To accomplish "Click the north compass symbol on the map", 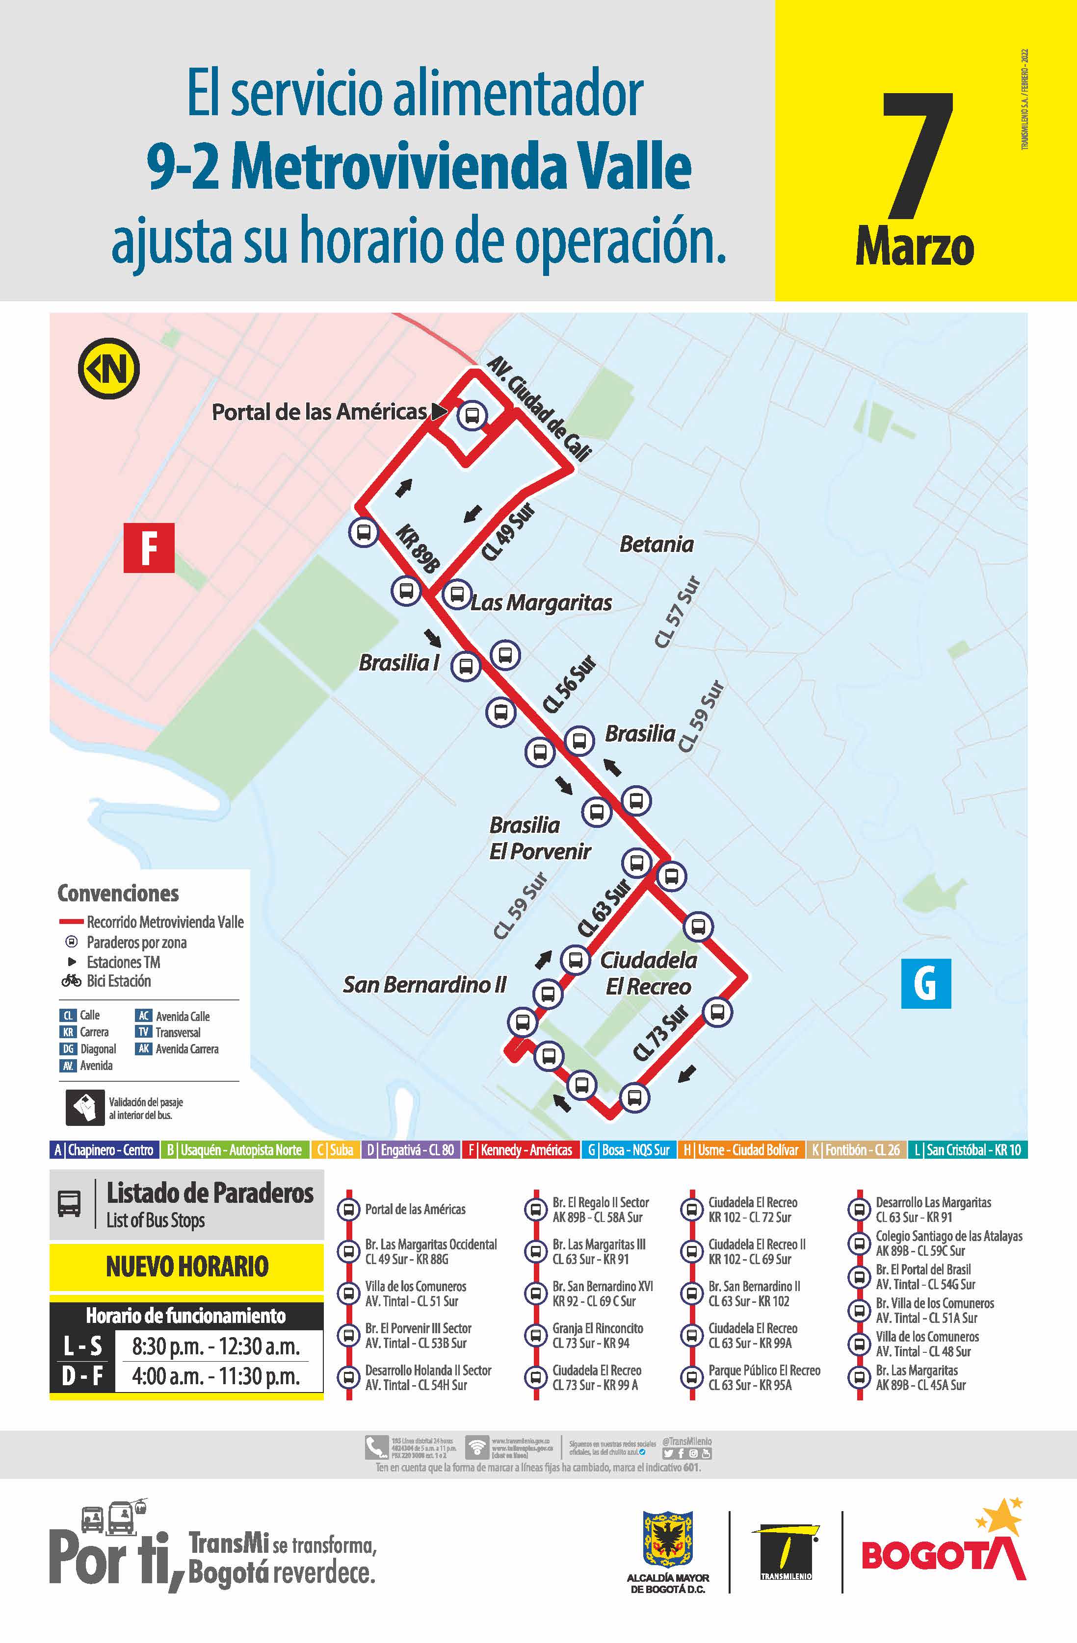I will pos(109,369).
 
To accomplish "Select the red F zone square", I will pos(149,548).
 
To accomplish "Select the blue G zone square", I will pos(926,983).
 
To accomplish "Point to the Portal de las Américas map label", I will pos(319,412).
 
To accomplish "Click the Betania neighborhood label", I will pos(657,544).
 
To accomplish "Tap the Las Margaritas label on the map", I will pos(541,603).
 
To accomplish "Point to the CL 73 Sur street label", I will pos(661,1033).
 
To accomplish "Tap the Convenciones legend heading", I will pos(118,893).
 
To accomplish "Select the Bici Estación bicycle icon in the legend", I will pos(71,980).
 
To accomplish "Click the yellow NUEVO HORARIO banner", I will pos(186,1266).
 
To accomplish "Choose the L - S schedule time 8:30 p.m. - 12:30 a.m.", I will pos(215,1346).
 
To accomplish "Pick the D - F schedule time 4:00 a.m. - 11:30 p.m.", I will pos(215,1376).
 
